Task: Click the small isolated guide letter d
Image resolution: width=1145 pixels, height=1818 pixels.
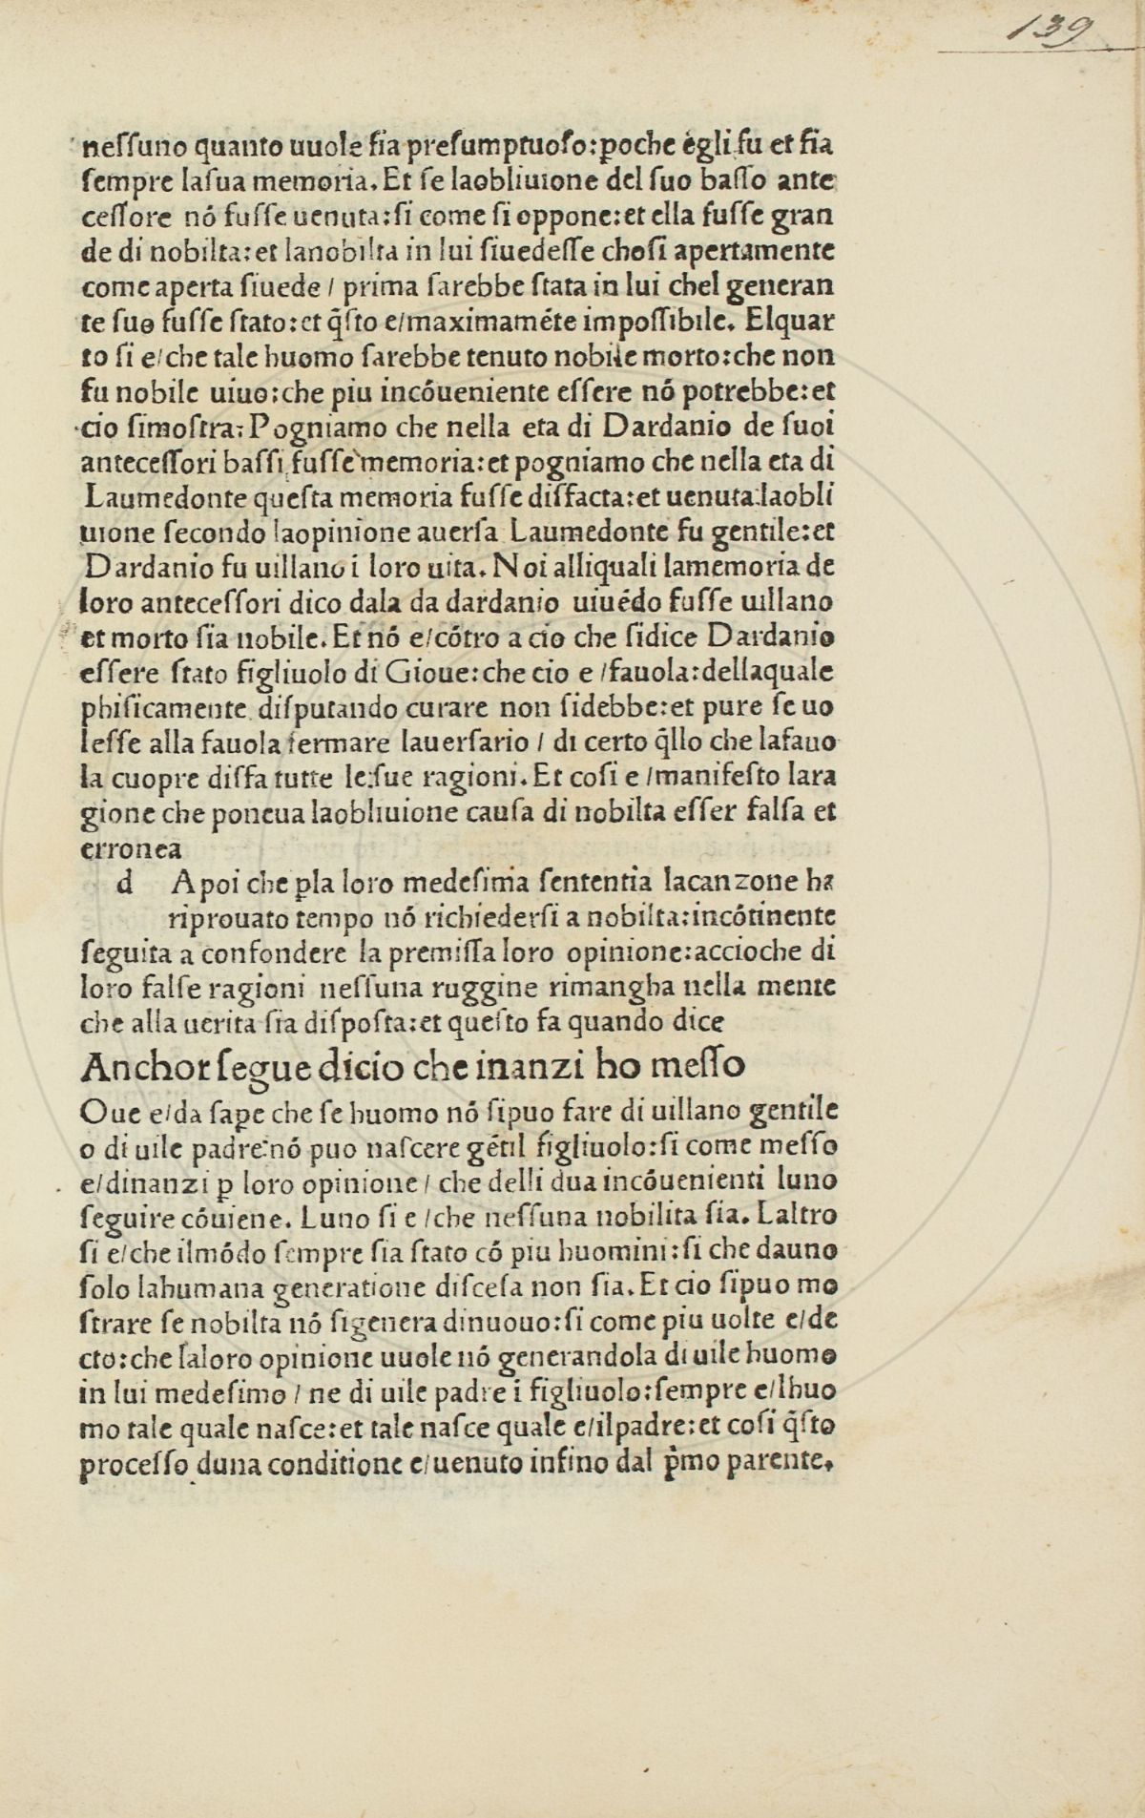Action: coord(123,884)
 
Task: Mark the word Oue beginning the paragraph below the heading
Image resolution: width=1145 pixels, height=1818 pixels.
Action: coord(102,1111)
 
